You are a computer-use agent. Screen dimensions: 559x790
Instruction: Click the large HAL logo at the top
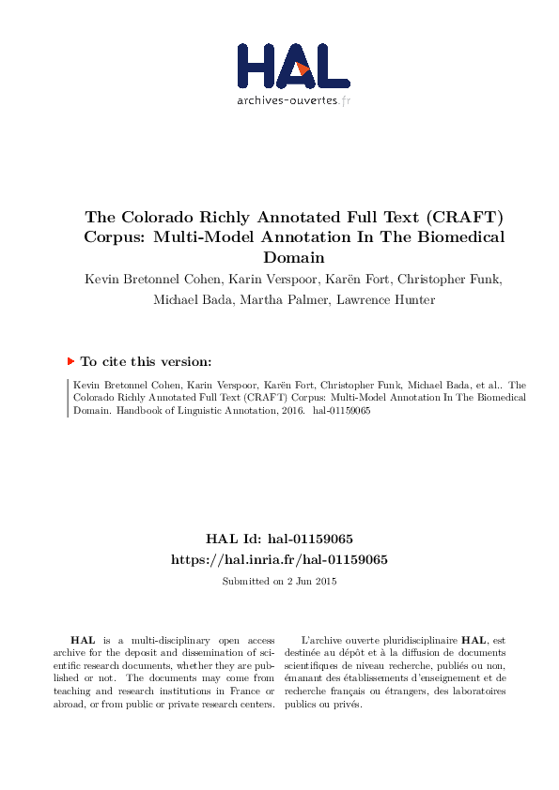click(293, 67)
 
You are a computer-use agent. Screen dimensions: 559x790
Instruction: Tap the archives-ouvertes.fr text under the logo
click(293, 100)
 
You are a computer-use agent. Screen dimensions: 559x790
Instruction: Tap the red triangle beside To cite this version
click(70, 360)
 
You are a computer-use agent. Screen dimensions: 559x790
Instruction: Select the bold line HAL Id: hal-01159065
click(279, 539)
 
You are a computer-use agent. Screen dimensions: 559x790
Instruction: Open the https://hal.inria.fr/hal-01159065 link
click(279, 558)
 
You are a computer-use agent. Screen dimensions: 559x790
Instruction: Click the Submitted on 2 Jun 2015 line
click(279, 581)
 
